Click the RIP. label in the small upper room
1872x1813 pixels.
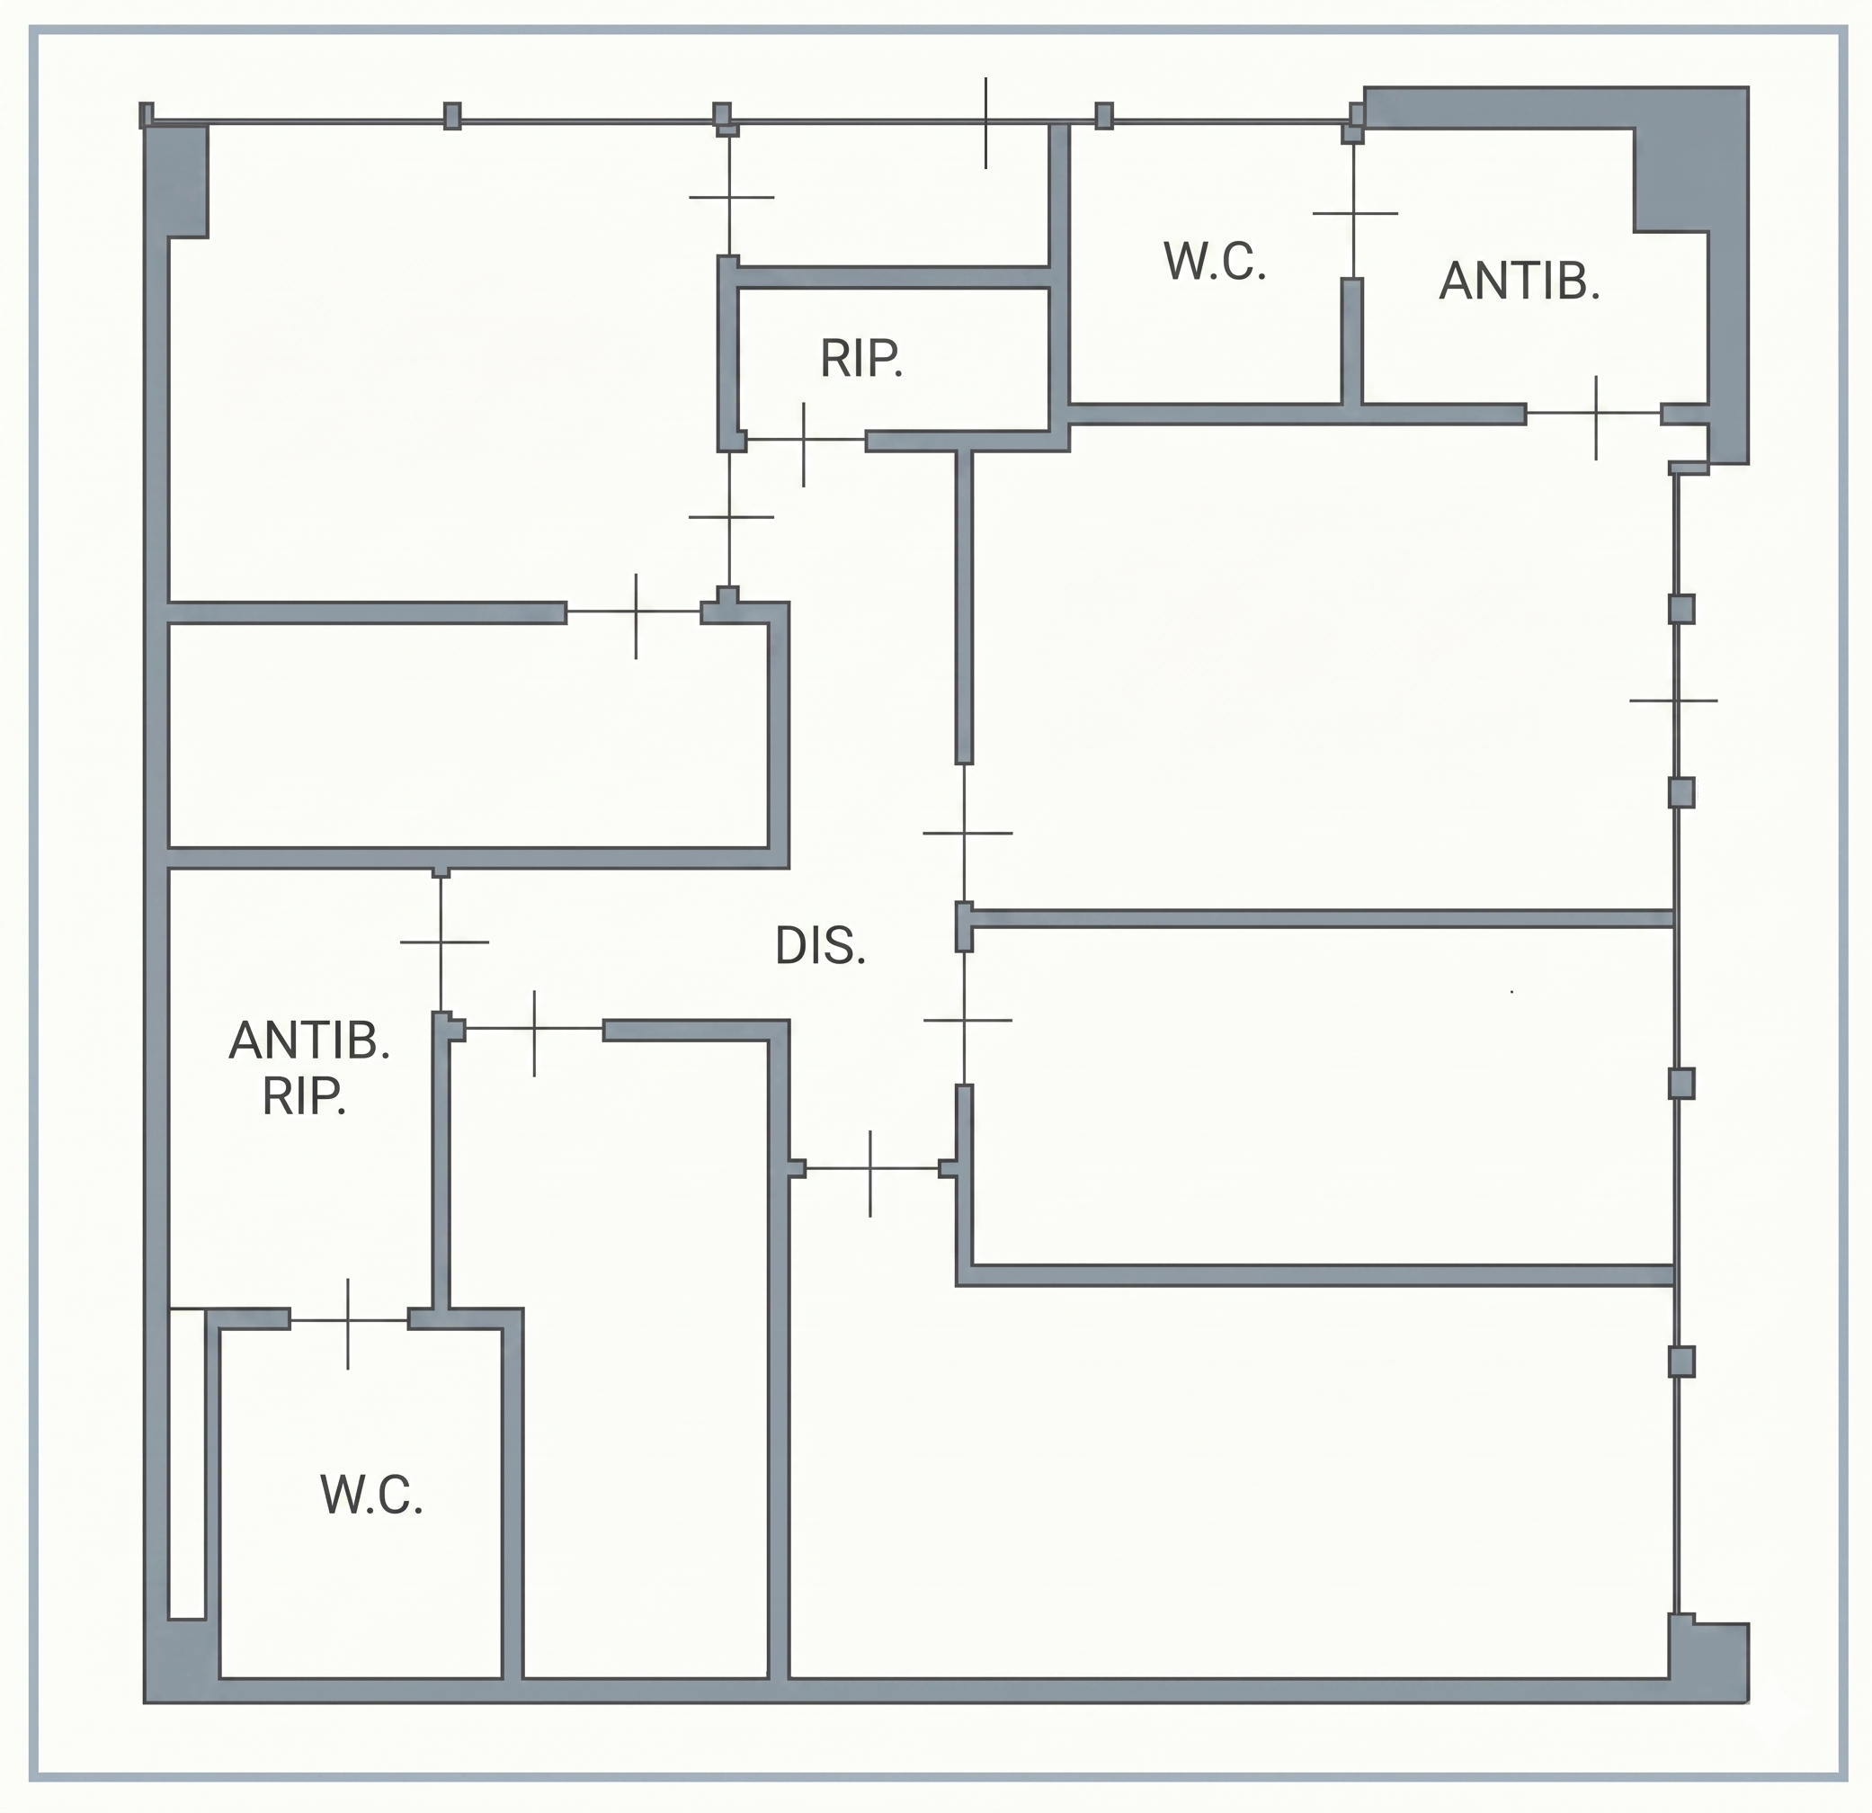(x=860, y=359)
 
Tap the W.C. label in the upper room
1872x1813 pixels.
(x=1215, y=262)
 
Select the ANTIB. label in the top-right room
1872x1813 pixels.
(x=1520, y=281)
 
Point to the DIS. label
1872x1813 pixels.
(x=820, y=947)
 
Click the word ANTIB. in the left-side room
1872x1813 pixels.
(x=309, y=1040)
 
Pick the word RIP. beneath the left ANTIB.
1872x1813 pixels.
(x=304, y=1096)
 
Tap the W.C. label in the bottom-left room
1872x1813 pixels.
(x=371, y=1495)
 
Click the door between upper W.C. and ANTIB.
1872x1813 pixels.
(x=1354, y=212)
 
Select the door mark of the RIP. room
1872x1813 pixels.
(x=804, y=441)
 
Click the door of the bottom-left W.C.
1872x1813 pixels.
(x=349, y=1321)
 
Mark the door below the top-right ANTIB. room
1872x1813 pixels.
(x=1595, y=415)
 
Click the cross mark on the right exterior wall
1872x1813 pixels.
(x=1673, y=701)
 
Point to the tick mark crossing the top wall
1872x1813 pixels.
(x=985, y=122)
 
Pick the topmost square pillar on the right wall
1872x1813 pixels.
(x=1681, y=609)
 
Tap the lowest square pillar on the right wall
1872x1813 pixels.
(x=1681, y=1362)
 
